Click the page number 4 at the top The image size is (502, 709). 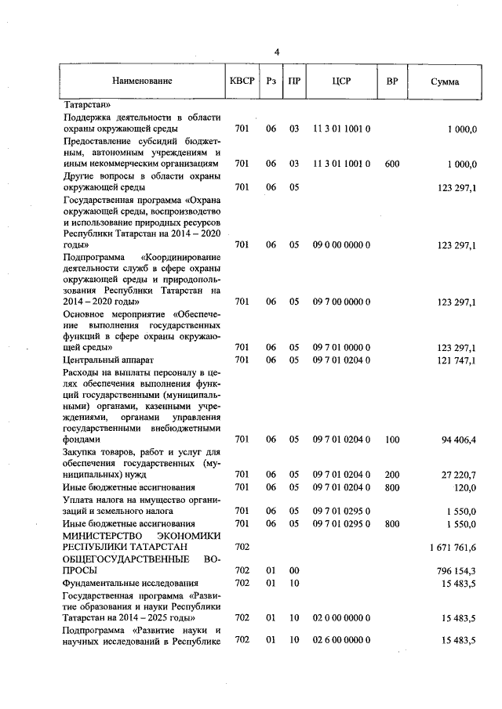click(277, 52)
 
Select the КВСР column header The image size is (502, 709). click(242, 81)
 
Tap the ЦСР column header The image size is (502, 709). click(341, 81)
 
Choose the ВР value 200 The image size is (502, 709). click(392, 475)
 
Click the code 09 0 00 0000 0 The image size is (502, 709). click(341, 245)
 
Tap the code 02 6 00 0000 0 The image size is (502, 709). click(341, 641)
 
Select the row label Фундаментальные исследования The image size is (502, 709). click(130, 584)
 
